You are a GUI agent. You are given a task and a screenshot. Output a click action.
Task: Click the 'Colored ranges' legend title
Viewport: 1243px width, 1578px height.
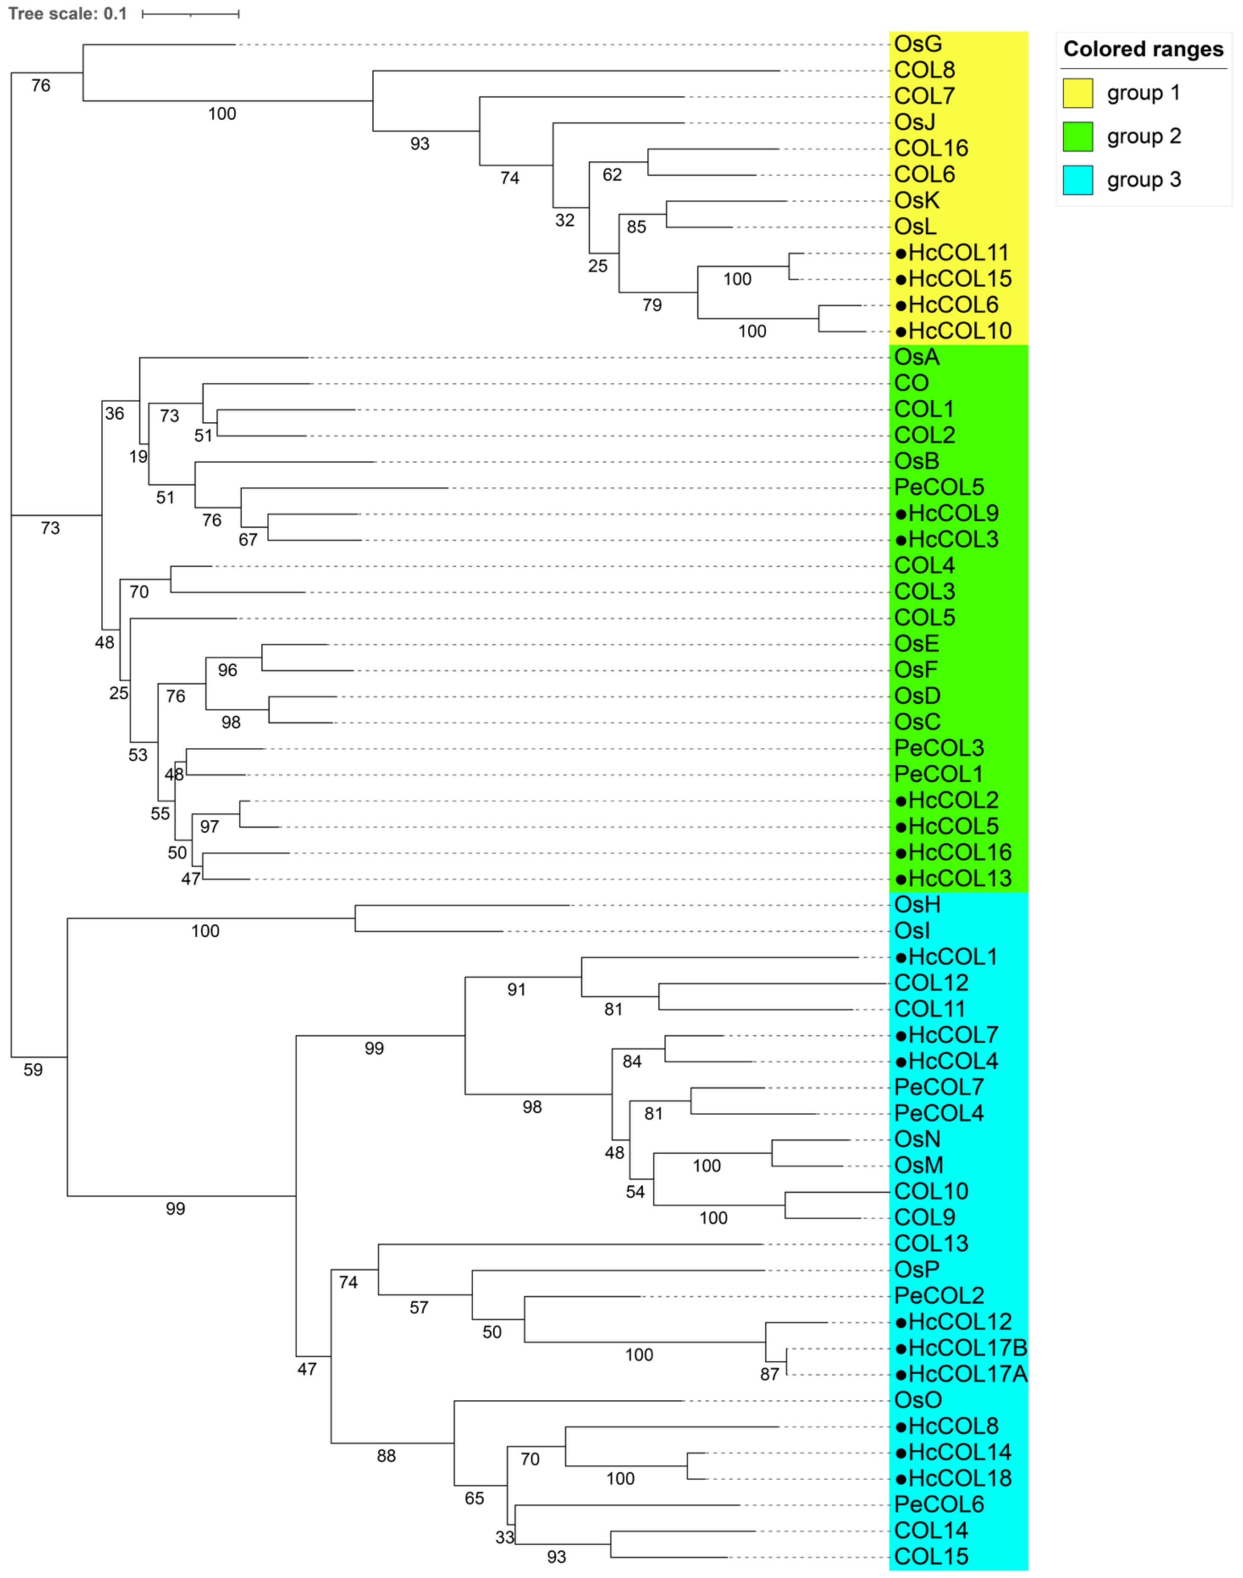coord(1144,50)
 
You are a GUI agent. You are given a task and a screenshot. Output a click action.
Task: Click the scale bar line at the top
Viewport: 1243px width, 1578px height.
coord(191,14)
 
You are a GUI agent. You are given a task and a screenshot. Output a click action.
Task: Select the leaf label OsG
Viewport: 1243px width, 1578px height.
coord(918,44)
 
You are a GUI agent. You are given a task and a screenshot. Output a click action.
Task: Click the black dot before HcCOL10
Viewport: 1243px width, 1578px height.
coord(901,332)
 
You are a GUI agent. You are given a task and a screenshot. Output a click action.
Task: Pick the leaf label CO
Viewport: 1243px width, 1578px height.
coord(911,384)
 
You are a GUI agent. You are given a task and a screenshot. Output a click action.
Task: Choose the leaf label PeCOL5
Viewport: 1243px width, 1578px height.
coord(939,488)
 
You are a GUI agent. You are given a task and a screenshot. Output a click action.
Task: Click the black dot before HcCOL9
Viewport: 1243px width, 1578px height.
coord(901,514)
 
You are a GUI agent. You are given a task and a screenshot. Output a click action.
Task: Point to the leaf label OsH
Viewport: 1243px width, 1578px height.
coord(918,905)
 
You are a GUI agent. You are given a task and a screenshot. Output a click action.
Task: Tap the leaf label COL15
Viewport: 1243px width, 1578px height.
coord(931,1557)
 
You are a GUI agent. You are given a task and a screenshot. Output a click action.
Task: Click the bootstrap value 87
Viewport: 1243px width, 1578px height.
coord(769,1374)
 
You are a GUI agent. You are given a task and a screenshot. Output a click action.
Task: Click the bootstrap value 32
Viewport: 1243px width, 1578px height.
coord(565,221)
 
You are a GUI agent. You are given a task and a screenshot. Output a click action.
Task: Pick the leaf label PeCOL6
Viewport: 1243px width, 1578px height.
coord(939,1504)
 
